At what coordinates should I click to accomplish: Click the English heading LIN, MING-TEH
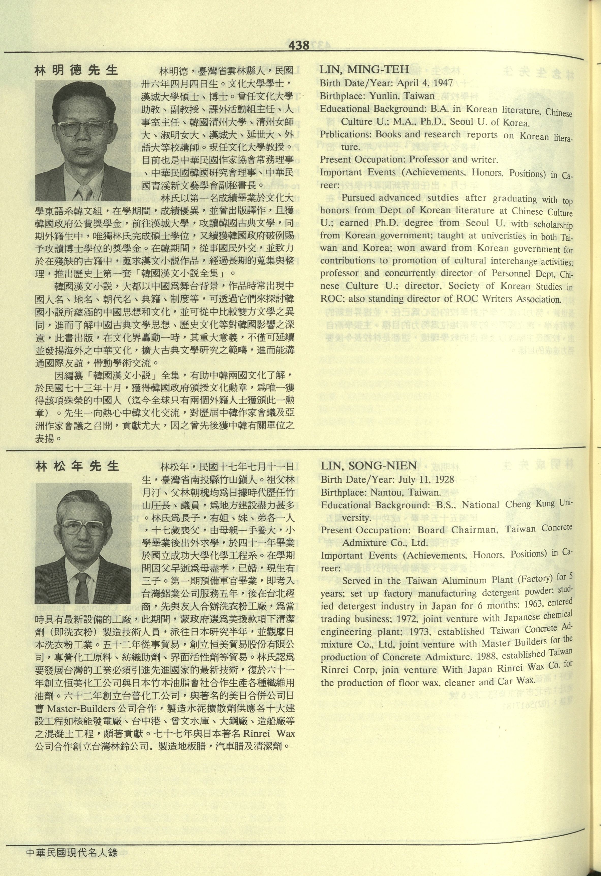click(364, 69)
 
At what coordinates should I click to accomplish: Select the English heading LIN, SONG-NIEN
click(368, 466)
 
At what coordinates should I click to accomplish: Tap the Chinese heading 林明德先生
click(76, 70)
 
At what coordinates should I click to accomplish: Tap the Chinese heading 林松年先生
click(78, 467)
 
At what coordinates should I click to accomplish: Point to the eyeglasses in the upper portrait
click(83, 128)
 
